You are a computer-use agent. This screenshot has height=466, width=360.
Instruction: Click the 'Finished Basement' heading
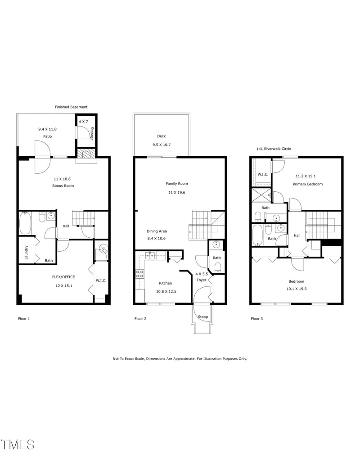tap(71, 107)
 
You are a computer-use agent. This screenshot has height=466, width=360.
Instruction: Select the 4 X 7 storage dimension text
tap(84, 122)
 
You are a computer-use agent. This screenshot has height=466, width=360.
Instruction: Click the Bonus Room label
tap(63, 185)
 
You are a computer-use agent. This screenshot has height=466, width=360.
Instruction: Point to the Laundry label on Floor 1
tap(27, 252)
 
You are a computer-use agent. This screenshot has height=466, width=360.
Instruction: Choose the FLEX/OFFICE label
tap(63, 277)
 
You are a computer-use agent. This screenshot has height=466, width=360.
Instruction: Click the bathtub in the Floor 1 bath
tap(25, 223)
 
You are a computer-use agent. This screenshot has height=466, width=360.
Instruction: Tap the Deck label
tap(162, 136)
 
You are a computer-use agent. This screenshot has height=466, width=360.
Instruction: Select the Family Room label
tap(177, 184)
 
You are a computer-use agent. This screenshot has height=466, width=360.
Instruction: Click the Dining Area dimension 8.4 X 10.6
tap(157, 238)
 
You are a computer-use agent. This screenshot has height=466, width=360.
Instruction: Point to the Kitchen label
tap(165, 283)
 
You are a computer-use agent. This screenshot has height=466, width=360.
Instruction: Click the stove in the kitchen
tap(140, 273)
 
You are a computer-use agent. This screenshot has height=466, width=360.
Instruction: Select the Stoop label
tap(203, 317)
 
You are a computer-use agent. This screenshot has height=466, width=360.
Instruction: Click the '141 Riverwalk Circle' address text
tap(273, 149)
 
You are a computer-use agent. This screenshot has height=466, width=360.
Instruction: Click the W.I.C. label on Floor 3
tap(263, 174)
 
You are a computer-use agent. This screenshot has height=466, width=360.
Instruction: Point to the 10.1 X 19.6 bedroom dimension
tap(297, 289)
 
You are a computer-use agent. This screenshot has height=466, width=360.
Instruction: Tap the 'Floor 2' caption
tap(141, 319)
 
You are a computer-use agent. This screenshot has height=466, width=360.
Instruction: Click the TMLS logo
tap(18, 444)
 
